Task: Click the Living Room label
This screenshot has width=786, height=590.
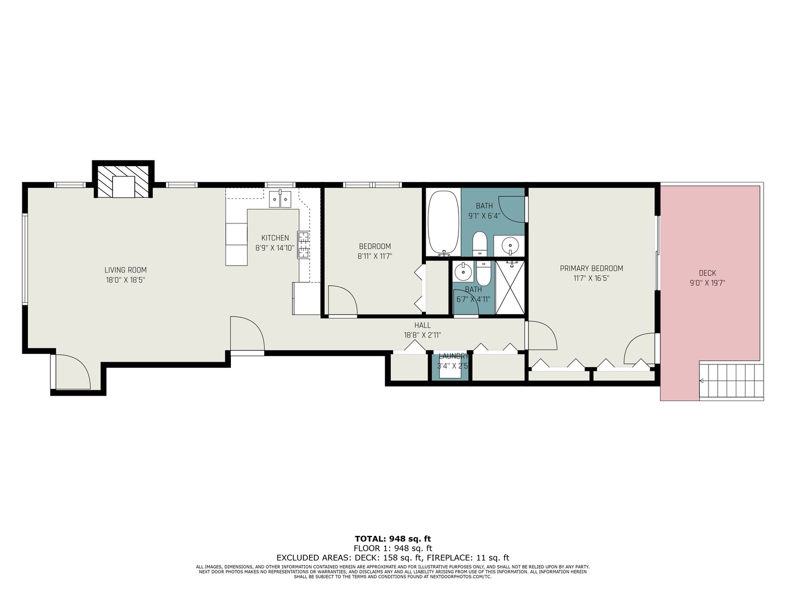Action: pos(126,270)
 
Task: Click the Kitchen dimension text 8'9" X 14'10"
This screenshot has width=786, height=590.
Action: pos(275,247)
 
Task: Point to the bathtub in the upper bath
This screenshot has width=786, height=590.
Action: pos(443,222)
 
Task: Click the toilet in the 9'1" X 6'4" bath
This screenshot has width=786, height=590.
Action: pos(479,243)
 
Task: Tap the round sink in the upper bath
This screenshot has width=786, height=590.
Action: pos(510,245)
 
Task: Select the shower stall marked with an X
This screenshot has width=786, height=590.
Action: pos(510,288)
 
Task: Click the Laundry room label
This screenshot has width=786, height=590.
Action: pos(452,356)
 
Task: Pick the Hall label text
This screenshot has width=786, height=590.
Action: pos(422,326)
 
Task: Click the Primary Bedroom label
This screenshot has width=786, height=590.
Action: pos(591,268)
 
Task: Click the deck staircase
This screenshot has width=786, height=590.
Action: pos(731,381)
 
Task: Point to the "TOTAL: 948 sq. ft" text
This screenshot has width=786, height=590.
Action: pos(393,539)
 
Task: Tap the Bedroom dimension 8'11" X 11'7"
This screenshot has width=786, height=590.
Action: pos(375,256)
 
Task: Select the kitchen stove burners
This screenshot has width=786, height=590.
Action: pos(303,244)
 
